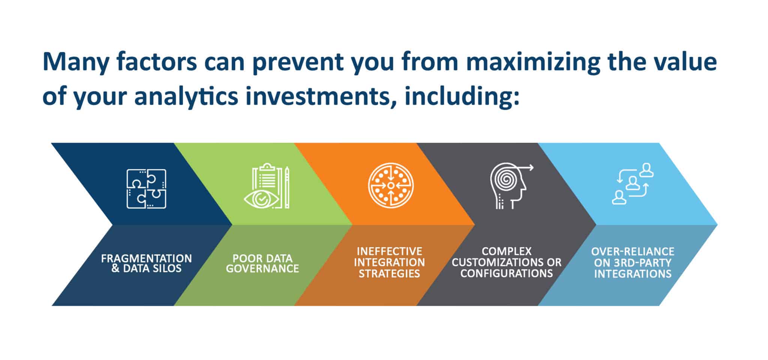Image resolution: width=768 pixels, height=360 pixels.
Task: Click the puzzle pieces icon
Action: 146,189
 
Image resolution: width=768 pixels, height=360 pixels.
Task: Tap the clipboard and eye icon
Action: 267,186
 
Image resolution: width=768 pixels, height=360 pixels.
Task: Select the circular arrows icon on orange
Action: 391,185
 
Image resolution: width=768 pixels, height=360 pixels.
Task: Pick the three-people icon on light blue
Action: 633,183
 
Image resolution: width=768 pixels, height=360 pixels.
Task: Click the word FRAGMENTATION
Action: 146,258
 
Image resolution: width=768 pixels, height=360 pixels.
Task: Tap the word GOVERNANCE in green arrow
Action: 262,268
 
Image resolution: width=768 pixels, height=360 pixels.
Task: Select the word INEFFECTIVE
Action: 389,251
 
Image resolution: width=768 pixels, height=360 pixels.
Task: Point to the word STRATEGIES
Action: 389,273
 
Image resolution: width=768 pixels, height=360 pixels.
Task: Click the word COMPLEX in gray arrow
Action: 507,251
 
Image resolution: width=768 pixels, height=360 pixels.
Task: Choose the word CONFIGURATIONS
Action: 507,273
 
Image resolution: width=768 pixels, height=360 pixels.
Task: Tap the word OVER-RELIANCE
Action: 633,251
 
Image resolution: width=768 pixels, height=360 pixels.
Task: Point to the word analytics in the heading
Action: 186,96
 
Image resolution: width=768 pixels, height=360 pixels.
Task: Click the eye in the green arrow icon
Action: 261,199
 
